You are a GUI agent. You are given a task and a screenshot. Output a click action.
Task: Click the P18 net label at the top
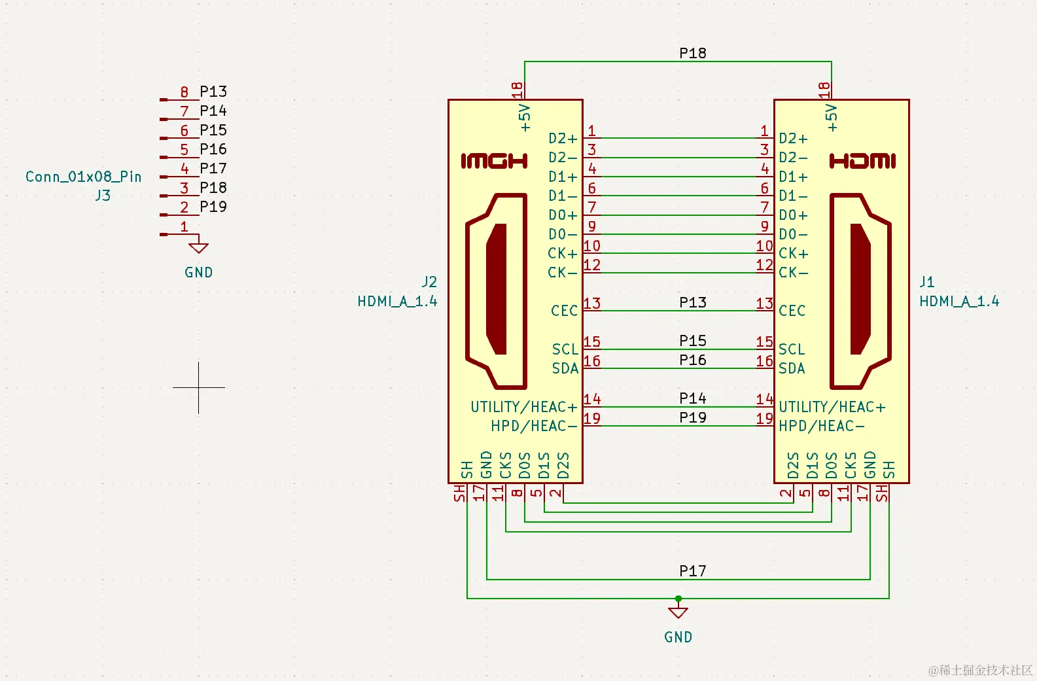click(692, 53)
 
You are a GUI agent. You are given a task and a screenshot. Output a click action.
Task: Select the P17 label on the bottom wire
click(692, 571)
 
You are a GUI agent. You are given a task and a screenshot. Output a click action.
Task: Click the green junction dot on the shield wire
click(678, 599)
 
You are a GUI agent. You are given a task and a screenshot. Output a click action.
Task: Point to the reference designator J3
click(103, 196)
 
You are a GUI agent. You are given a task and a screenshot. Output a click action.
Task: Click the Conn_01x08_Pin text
click(83, 177)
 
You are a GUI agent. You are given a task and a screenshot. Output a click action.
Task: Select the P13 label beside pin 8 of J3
click(213, 92)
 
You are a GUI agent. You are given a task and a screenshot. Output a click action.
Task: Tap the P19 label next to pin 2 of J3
click(213, 207)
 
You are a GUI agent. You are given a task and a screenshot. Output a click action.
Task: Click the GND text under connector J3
click(198, 272)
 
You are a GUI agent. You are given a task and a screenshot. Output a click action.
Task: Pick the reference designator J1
click(927, 282)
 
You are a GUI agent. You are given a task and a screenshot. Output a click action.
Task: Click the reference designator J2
click(429, 282)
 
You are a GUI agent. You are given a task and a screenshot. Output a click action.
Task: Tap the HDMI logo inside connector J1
click(862, 161)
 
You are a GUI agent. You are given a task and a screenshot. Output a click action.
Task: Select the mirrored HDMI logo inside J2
click(495, 161)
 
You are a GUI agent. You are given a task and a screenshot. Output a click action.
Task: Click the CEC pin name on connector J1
click(792, 311)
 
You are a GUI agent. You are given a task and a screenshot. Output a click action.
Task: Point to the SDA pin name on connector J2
click(565, 368)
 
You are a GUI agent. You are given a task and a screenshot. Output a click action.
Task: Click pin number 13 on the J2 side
click(592, 304)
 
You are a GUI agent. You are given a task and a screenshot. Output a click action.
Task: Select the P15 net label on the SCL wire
click(692, 341)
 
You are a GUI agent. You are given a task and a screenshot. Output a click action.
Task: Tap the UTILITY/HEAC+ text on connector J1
click(832, 407)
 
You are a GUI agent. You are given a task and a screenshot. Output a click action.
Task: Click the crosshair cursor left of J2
click(199, 387)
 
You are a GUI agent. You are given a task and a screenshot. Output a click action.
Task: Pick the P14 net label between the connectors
click(692, 398)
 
